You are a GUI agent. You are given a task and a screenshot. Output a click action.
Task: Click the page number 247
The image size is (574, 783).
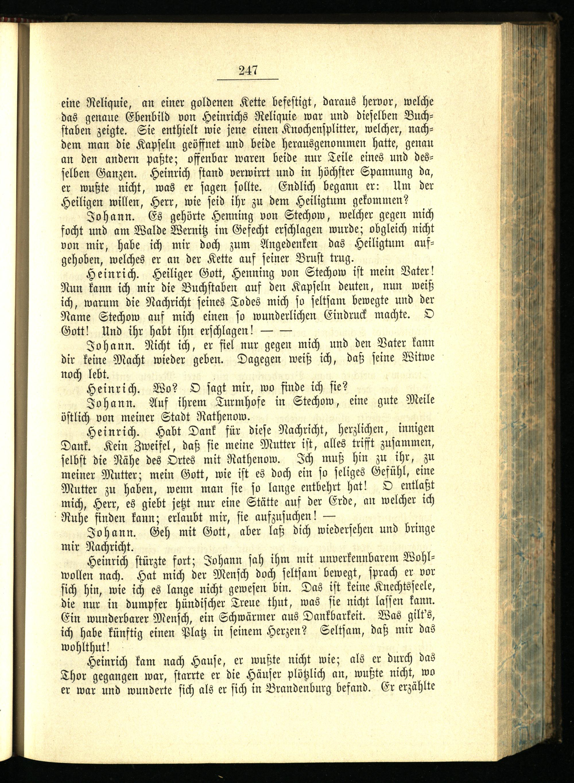click(248, 71)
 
